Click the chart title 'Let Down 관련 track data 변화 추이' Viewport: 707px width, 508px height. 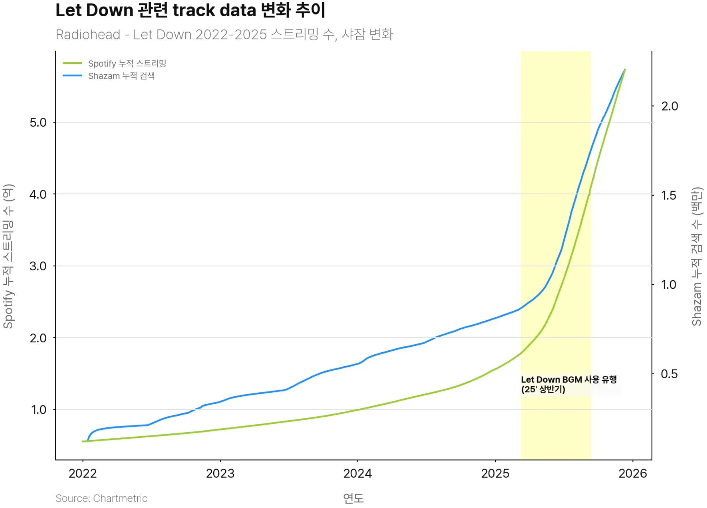[x=190, y=10]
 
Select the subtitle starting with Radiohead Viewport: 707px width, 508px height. [x=224, y=34]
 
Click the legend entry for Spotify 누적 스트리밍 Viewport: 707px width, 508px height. [x=127, y=63]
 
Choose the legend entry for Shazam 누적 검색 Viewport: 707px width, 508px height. [x=121, y=76]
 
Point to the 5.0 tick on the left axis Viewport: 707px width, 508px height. [x=38, y=122]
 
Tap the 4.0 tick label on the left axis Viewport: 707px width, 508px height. [x=38, y=195]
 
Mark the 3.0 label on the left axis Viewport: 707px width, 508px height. [x=38, y=266]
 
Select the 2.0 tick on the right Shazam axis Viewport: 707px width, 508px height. [x=669, y=106]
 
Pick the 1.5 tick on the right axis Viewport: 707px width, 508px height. [x=669, y=196]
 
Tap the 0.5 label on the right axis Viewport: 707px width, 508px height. [x=669, y=374]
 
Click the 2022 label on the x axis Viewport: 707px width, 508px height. [x=83, y=473]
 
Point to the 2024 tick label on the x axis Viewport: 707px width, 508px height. [x=357, y=473]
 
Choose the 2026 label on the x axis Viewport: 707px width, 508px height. [x=632, y=473]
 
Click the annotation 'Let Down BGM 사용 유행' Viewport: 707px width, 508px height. [x=569, y=380]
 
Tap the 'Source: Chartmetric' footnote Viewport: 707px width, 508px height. [x=101, y=498]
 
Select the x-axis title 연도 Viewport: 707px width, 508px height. [x=353, y=498]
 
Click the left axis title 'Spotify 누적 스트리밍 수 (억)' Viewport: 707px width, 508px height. [x=8, y=256]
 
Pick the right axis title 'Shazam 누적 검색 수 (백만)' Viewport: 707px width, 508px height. [x=697, y=256]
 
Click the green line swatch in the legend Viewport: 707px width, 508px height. [x=72, y=63]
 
